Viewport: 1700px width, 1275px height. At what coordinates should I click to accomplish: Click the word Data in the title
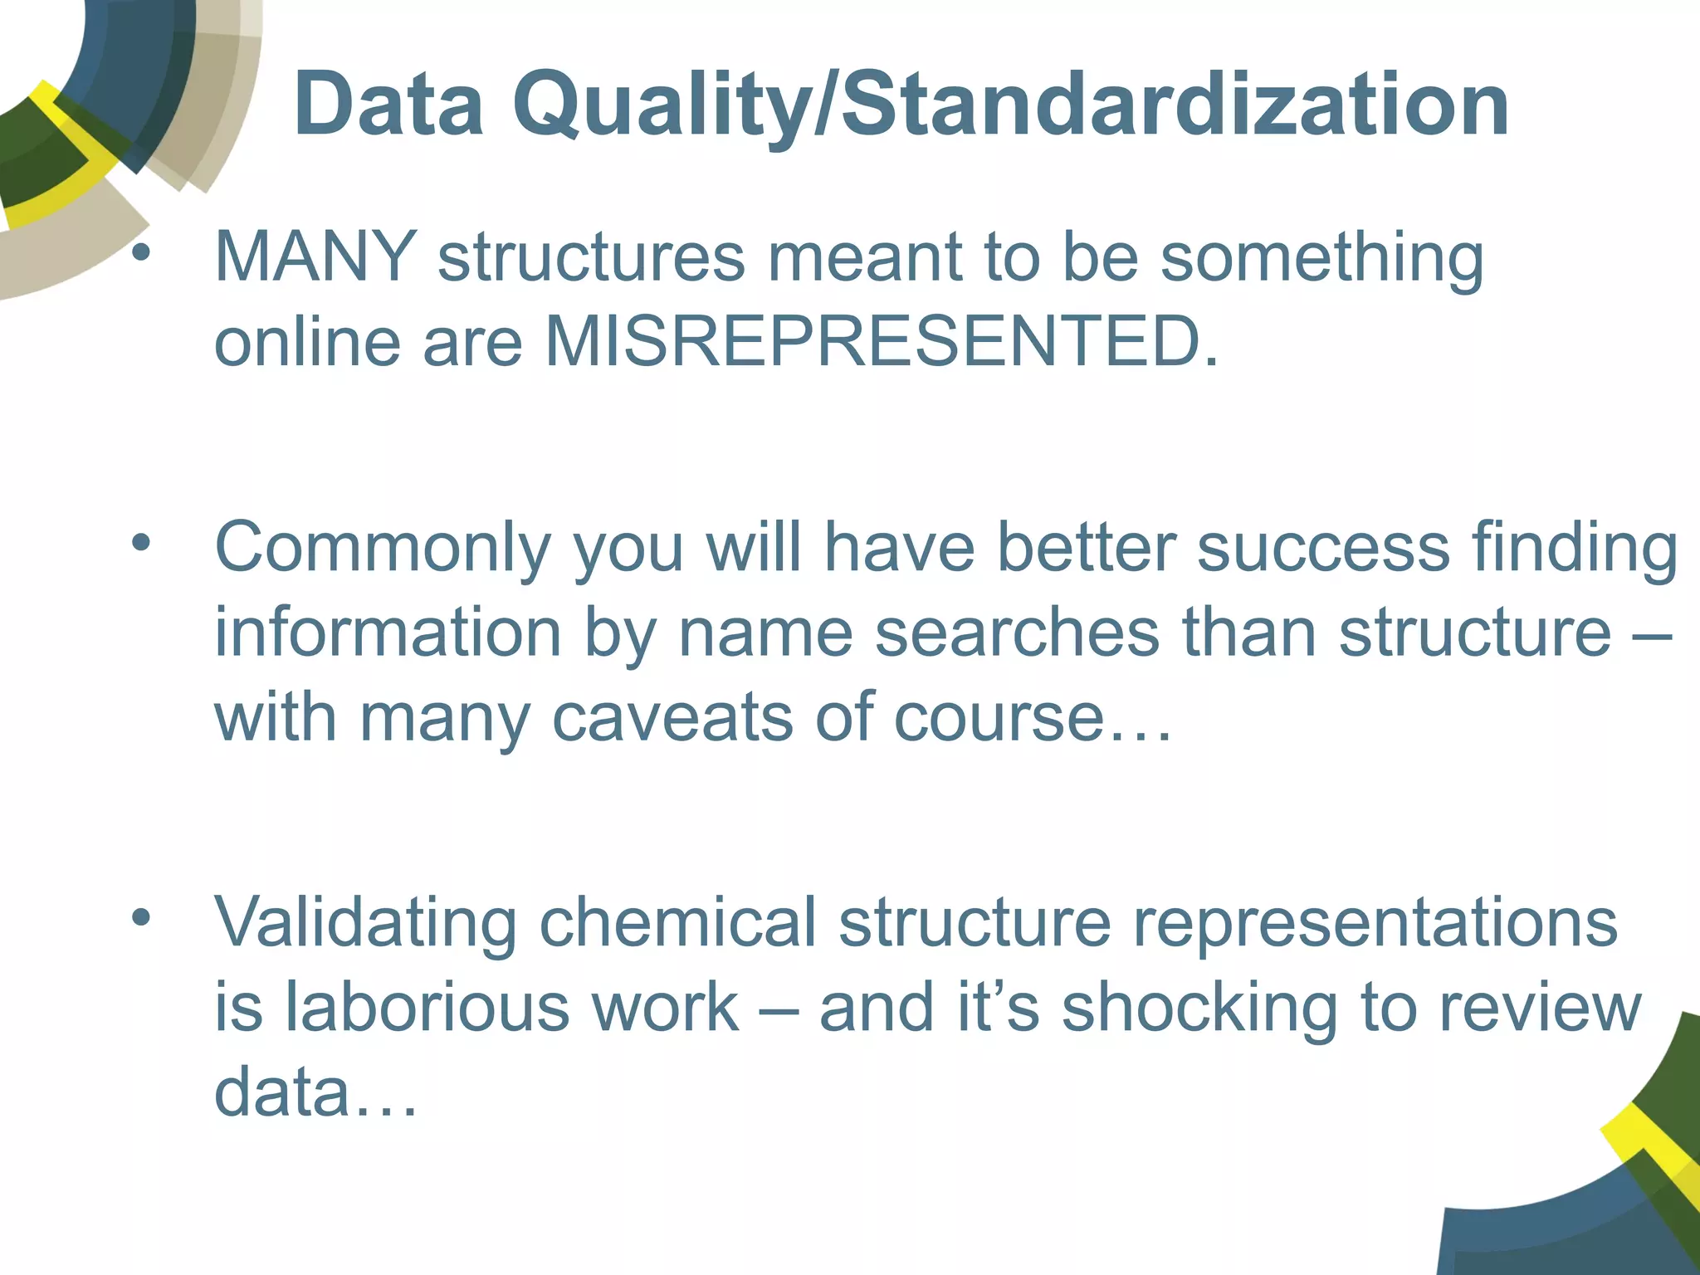[x=388, y=105]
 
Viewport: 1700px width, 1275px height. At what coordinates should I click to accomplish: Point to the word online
[x=308, y=341]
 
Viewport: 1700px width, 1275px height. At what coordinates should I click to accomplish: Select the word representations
[x=1375, y=923]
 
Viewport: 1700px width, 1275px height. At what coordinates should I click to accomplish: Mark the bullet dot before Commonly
[x=140, y=544]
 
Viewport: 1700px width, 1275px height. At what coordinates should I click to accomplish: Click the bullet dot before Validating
[x=140, y=917]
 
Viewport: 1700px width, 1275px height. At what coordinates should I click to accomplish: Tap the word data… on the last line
[x=315, y=1092]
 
